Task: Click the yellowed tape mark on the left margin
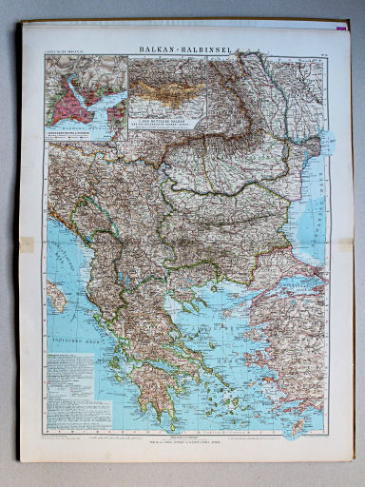click(x=26, y=244)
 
